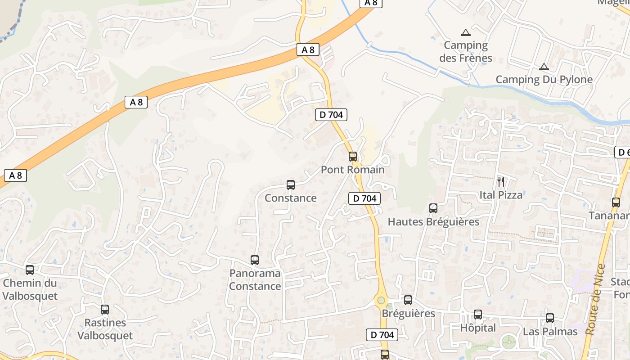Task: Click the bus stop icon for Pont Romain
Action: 353,157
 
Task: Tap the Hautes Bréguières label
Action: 433,222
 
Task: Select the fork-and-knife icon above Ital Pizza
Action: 501,182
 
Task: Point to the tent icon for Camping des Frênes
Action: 466,32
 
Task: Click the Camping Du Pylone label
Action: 544,80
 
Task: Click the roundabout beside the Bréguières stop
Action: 381,300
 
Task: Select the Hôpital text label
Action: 478,328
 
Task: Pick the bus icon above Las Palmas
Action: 550,318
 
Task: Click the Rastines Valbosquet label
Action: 105,329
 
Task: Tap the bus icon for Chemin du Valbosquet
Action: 30,270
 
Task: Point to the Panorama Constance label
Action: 255,280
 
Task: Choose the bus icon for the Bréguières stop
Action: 408,300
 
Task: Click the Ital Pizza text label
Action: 501,195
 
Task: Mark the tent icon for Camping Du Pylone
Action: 544,67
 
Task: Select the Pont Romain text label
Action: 353,170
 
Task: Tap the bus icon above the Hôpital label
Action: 478,315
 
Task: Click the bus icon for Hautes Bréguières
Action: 433,208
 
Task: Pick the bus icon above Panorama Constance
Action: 255,260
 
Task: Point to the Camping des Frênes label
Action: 466,51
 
